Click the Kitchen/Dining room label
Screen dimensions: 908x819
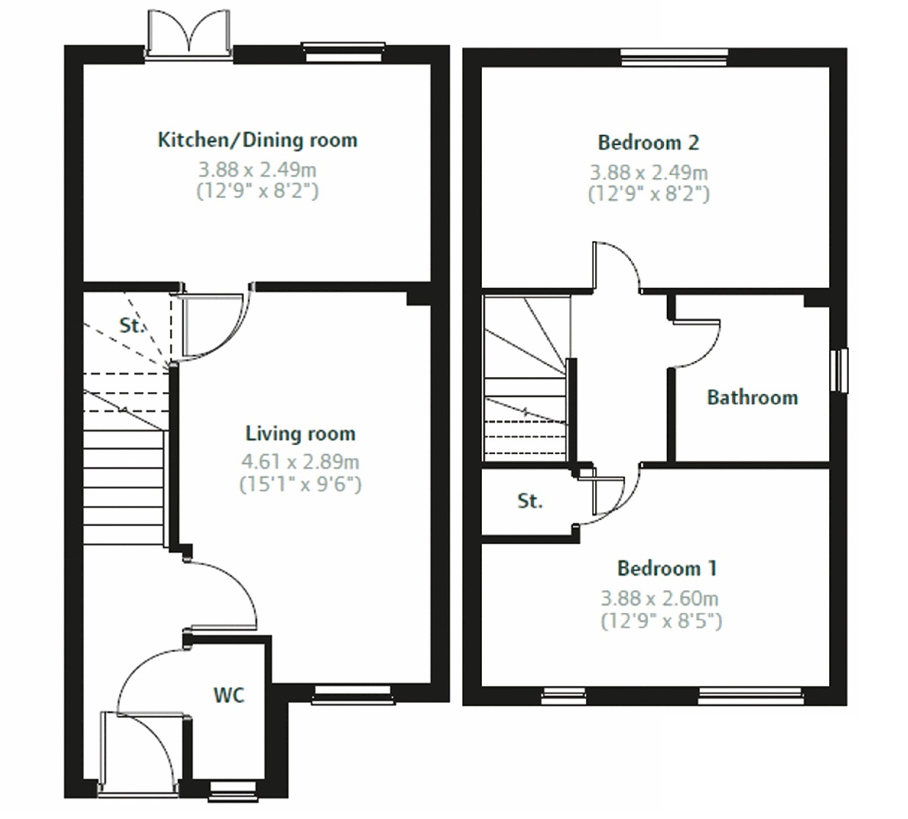pyautogui.click(x=258, y=140)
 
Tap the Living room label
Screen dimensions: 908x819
pyautogui.click(x=301, y=433)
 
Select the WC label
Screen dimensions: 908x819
pyautogui.click(x=230, y=695)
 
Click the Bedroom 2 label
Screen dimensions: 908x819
pyautogui.click(x=649, y=143)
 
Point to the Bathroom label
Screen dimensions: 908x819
pyautogui.click(x=753, y=397)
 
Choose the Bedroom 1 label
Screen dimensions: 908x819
pyautogui.click(x=667, y=568)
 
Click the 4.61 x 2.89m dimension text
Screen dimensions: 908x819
pyautogui.click(x=301, y=462)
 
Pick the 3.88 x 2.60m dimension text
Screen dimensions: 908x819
pyautogui.click(x=659, y=598)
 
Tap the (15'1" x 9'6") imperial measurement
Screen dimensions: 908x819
pyautogui.click(x=301, y=484)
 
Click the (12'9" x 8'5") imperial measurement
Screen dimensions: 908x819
pyautogui.click(x=662, y=620)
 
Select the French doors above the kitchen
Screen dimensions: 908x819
pyautogui.click(x=189, y=35)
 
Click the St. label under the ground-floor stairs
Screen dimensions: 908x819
pyautogui.click(x=131, y=325)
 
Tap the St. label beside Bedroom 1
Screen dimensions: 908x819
pyautogui.click(x=530, y=501)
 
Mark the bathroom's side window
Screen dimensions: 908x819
pyautogui.click(x=839, y=370)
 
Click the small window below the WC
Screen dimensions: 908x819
pyautogui.click(x=233, y=791)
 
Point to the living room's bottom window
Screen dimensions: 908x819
pyautogui.click(x=353, y=694)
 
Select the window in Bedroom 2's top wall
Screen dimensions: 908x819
pyautogui.click(x=674, y=58)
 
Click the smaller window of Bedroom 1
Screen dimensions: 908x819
pyautogui.click(x=563, y=696)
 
